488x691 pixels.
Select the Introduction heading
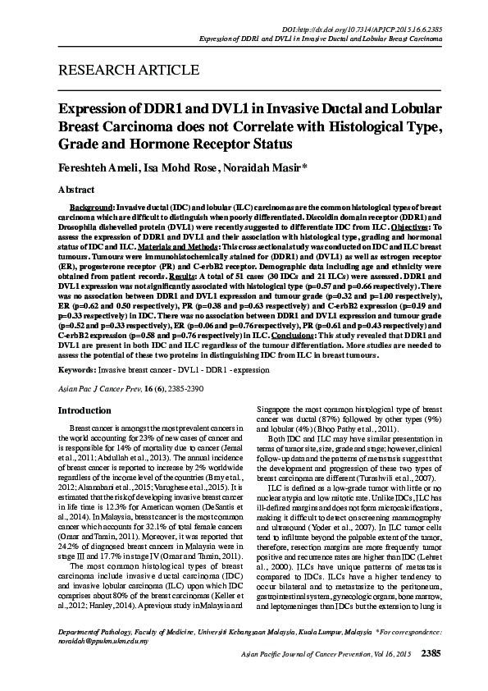84,410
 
